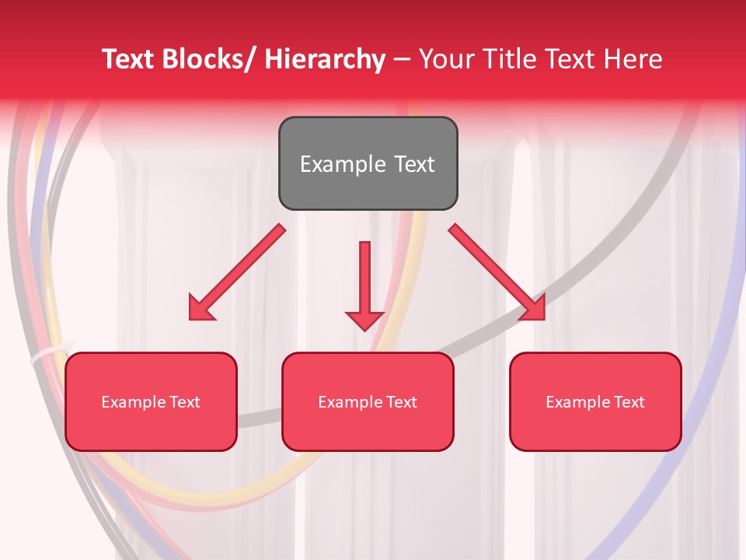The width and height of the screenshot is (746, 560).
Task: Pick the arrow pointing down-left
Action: coord(237,273)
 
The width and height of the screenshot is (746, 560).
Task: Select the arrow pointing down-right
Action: coord(497,272)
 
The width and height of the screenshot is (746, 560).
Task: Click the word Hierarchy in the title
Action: coord(325,59)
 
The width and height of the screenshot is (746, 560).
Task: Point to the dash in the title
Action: coord(402,59)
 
